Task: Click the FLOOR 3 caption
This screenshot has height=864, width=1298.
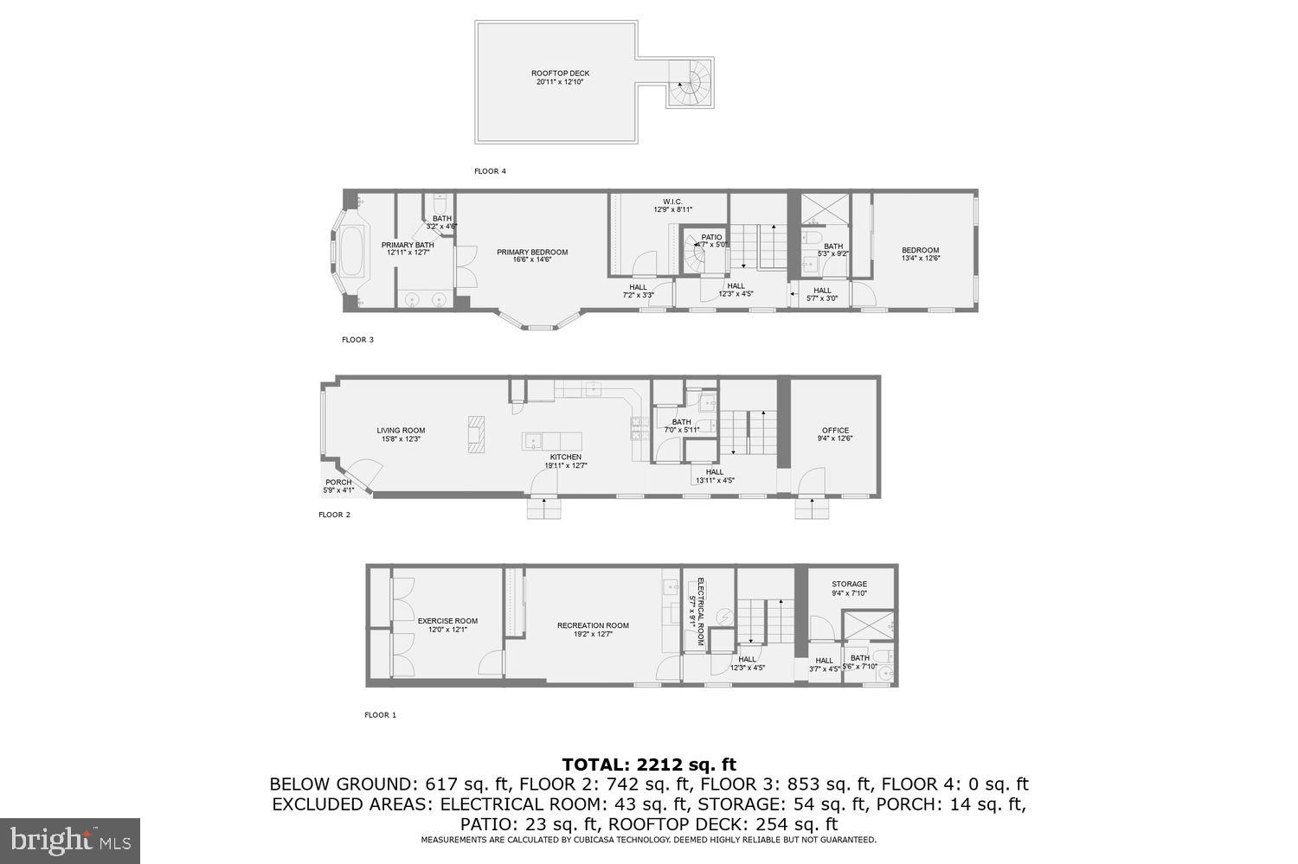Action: tap(357, 340)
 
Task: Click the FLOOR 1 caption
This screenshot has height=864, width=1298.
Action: tap(380, 715)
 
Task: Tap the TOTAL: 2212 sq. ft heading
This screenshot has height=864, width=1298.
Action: tap(648, 765)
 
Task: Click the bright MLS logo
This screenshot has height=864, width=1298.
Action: tap(69, 840)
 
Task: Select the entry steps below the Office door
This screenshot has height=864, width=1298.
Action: tap(812, 509)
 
